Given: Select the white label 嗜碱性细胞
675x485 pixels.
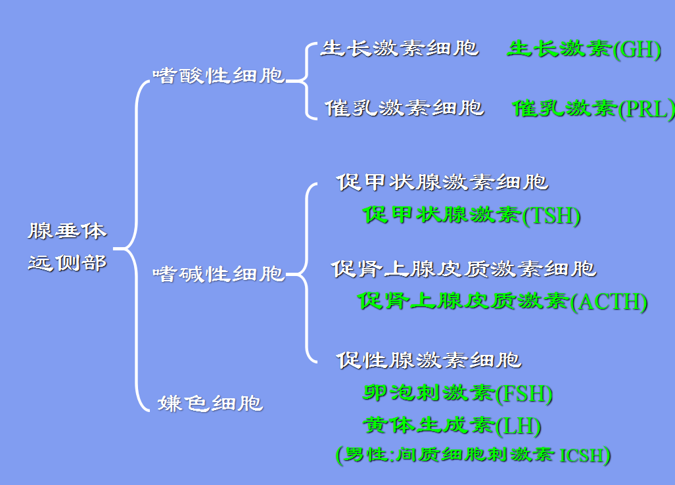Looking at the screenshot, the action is pos(218,273).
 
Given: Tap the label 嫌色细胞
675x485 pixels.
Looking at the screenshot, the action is pos(210,403).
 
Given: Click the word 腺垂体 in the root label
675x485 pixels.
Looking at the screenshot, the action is pos(68,231).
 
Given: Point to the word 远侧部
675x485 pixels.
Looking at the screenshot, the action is pos(68,263).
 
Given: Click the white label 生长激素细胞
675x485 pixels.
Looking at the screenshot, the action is pos(400,49).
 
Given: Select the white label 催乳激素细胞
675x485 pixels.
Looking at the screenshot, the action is pos(404,108).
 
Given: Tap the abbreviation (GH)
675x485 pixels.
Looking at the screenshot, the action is pos(637,50).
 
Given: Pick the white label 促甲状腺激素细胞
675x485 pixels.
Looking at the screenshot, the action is pos(442,181).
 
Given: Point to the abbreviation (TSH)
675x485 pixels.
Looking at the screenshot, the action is pos(551,216).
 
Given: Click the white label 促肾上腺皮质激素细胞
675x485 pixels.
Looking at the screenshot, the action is pos(464,268).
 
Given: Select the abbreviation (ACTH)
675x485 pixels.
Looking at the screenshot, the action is pos(609,302).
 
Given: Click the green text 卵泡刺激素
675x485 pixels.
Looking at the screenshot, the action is pos(429,393).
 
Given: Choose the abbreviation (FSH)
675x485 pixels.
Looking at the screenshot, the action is pos(524,394).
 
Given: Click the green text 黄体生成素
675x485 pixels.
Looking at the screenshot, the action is pos(429,425).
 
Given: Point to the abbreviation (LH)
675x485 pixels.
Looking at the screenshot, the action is pos(519,427).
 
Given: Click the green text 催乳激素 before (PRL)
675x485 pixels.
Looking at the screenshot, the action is pos(565,108).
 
